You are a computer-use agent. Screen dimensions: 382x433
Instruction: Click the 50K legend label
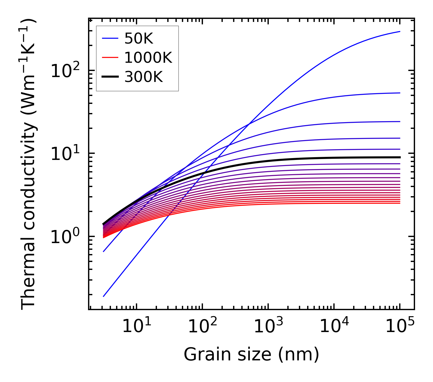(139, 39)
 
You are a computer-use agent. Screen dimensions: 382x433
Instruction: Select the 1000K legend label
(148, 58)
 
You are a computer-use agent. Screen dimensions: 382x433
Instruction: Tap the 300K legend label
(144, 77)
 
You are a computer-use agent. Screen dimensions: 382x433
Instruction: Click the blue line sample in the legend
(110, 39)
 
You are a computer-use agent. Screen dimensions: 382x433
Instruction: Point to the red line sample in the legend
(110, 58)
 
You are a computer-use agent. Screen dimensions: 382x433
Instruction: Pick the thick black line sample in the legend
(110, 77)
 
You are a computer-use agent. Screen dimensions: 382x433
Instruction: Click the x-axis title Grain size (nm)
(251, 355)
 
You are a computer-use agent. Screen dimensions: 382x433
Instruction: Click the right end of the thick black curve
(400, 157)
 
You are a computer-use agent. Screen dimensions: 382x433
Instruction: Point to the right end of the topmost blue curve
(400, 31)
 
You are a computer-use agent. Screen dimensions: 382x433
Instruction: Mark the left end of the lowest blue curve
(104, 296)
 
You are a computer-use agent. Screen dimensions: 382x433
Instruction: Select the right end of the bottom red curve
(400, 203)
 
